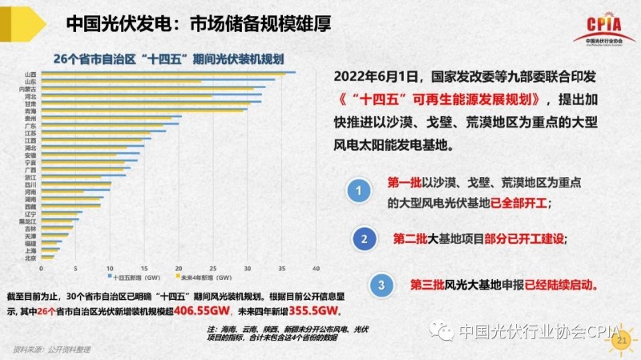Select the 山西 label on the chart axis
(x=30, y=74)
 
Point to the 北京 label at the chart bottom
(x=30, y=257)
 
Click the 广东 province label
(x=30, y=125)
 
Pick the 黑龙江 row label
(x=27, y=220)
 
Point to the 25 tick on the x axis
(x=212, y=268)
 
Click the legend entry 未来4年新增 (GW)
(x=202, y=277)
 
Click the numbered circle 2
(x=365, y=239)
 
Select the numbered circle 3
(x=382, y=285)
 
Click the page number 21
(x=619, y=342)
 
